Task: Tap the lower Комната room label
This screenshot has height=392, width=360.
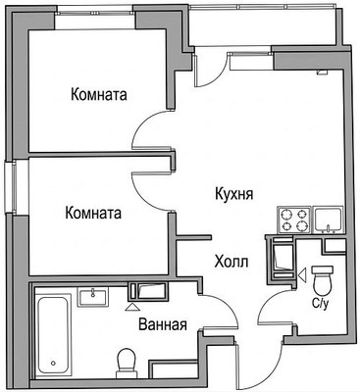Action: pos(94,212)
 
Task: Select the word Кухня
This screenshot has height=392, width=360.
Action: pos(234,194)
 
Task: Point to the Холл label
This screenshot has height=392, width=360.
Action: pos(231,262)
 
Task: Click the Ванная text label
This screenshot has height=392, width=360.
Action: pos(163,324)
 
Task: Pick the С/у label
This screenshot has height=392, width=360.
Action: pos(320,304)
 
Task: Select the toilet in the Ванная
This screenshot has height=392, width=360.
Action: pos(125,362)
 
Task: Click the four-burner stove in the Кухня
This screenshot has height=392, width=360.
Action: pos(294,220)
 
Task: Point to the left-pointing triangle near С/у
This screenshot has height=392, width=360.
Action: pos(302,275)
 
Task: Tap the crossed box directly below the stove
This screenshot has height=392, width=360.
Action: pos(283,260)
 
